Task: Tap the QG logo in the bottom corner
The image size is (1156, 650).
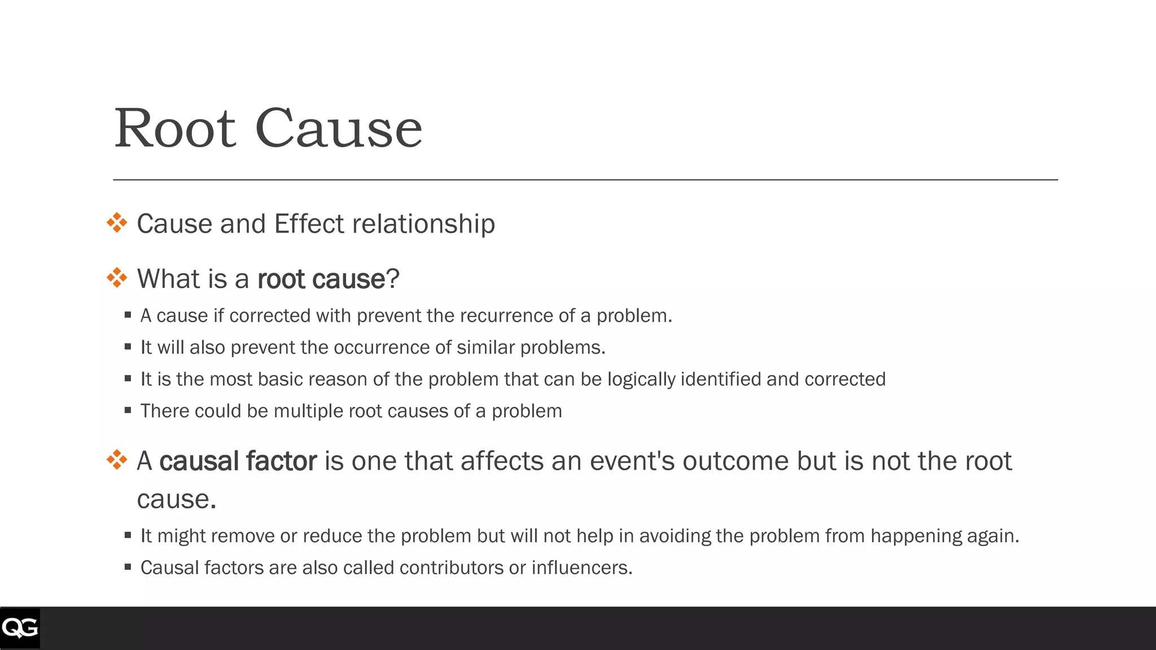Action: click(x=20, y=628)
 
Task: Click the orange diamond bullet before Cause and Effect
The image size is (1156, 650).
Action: click(x=117, y=223)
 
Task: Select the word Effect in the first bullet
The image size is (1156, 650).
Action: click(x=309, y=224)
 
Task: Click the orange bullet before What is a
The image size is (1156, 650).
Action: click(x=117, y=278)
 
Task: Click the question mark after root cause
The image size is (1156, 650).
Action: click(x=393, y=279)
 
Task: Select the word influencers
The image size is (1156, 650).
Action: click(x=581, y=568)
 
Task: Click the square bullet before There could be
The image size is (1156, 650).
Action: click(x=128, y=410)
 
